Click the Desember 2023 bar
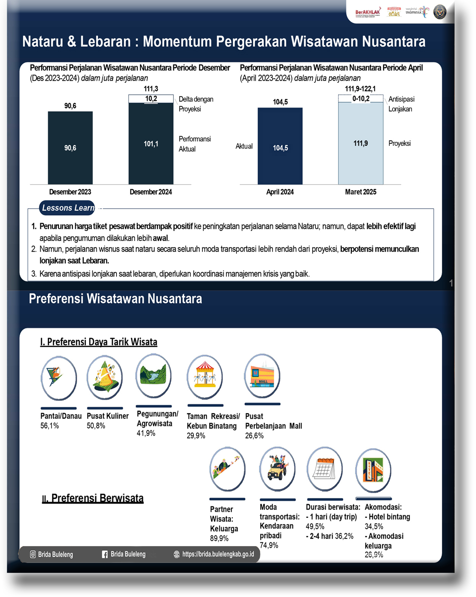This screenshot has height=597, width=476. [x=70, y=148]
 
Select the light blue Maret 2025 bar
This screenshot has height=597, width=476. [x=361, y=144]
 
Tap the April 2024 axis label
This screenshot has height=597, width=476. [x=280, y=192]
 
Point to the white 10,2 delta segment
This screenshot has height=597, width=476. [x=151, y=99]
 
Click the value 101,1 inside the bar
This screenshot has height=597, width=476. [x=151, y=144]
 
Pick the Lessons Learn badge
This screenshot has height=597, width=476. [x=67, y=208]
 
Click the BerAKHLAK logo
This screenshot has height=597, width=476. [x=368, y=12]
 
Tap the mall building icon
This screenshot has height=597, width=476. [x=262, y=376]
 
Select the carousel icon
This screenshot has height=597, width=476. [x=205, y=377]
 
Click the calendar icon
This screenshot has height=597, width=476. [x=325, y=469]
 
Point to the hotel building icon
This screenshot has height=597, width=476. [x=373, y=470]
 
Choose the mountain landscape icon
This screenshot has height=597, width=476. [x=154, y=376]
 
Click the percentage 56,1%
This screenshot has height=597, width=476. [x=50, y=426]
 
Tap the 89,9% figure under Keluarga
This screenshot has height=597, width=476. [x=219, y=538]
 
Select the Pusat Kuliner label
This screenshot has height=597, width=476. [x=108, y=416]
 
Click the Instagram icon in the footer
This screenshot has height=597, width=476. [x=33, y=555]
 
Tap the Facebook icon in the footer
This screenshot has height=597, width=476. [x=105, y=555]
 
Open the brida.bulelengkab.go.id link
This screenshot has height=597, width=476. [x=218, y=554]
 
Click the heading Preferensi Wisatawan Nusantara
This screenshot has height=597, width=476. [x=115, y=299]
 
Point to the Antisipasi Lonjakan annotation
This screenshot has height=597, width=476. [x=401, y=104]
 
